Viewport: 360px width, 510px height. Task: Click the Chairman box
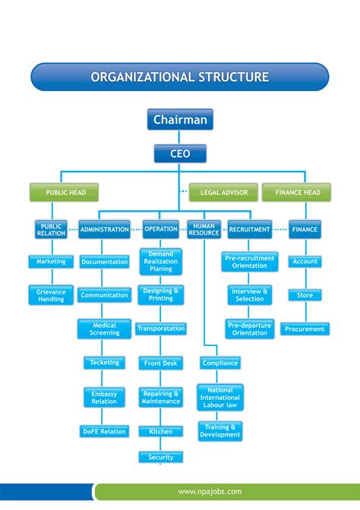click(x=180, y=120)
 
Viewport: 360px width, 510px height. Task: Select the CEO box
click(x=180, y=154)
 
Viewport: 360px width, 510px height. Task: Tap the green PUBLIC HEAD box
click(x=65, y=193)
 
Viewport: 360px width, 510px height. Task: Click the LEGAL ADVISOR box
click(x=224, y=193)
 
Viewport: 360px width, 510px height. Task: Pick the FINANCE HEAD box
click(x=297, y=193)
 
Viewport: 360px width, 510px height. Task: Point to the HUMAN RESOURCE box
click(x=204, y=230)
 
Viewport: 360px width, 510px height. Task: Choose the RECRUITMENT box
click(x=249, y=229)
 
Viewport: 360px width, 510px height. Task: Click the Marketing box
click(x=51, y=262)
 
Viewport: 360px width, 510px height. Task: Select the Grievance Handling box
click(x=51, y=295)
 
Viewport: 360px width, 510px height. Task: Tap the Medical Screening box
click(x=104, y=329)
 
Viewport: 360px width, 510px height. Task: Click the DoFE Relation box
click(x=104, y=432)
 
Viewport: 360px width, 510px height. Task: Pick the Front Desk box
click(x=160, y=364)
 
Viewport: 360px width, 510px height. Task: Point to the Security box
click(x=160, y=458)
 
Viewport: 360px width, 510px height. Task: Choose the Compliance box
click(x=219, y=364)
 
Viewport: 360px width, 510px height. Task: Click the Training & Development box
click(x=219, y=431)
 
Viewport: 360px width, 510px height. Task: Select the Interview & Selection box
click(x=249, y=295)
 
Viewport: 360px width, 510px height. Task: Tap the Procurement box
click(x=304, y=329)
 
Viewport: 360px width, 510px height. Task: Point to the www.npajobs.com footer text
click(x=210, y=492)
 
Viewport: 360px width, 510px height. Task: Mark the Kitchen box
click(x=160, y=432)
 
